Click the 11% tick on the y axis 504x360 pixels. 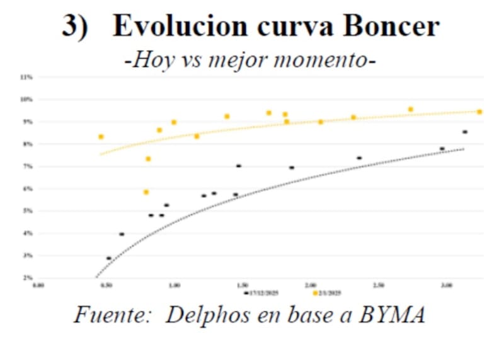click(27, 77)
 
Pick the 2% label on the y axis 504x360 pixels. click(28, 277)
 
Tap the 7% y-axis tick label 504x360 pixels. click(28, 166)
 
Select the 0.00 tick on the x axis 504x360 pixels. click(38, 286)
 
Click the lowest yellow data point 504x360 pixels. click(146, 192)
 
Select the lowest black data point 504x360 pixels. click(109, 258)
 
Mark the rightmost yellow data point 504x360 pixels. click(479, 112)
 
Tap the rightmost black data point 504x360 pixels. click(465, 132)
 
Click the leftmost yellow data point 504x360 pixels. click(101, 137)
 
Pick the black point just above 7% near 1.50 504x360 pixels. click(239, 166)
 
